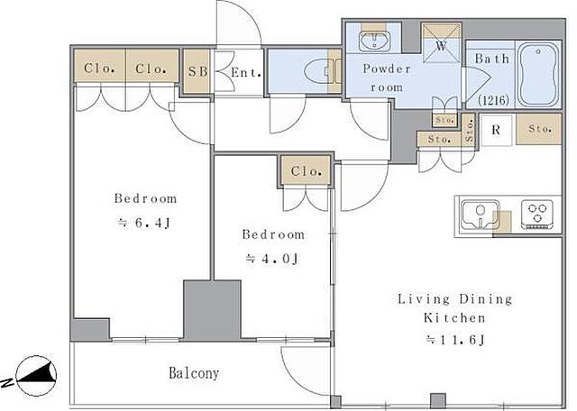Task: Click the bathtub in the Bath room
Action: coord(538,75)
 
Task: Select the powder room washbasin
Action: coord(375,41)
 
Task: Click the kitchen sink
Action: coord(480,215)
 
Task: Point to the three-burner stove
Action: coord(537,215)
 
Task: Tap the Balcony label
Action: coord(194,373)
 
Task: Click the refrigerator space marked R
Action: coord(496,130)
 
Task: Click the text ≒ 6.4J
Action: coord(144,223)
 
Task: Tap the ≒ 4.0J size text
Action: coord(272,259)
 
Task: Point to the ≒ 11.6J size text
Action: coord(454,340)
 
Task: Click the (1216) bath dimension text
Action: coord(493,100)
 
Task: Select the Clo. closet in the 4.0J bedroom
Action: coord(307,170)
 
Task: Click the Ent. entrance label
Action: coord(246,72)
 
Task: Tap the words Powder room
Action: coord(387,78)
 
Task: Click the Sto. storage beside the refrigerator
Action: coord(539,129)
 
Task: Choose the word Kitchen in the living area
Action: coord(454,317)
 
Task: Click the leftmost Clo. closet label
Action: coord(99,68)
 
